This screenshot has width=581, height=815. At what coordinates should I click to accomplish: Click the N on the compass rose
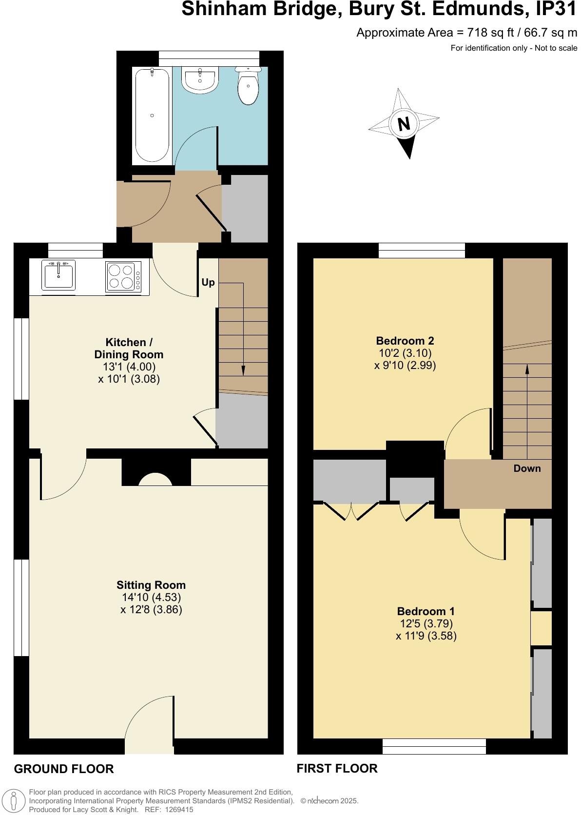(x=404, y=124)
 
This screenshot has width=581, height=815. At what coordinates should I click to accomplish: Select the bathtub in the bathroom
(x=152, y=116)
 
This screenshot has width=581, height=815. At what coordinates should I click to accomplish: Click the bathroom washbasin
(x=200, y=79)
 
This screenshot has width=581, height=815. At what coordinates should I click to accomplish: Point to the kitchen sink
(x=59, y=276)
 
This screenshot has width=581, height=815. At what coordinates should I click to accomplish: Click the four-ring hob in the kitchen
(x=121, y=276)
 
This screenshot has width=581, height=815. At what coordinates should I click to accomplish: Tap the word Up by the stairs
(x=208, y=283)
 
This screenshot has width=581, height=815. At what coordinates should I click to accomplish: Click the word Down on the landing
(x=527, y=468)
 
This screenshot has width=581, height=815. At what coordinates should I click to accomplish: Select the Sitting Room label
(x=151, y=585)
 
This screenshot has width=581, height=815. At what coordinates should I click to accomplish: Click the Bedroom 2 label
(x=405, y=341)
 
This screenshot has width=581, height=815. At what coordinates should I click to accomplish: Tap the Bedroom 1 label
(x=426, y=611)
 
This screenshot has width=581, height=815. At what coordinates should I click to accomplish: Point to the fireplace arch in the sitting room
(x=155, y=480)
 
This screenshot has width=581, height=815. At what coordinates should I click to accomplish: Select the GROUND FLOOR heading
(x=64, y=769)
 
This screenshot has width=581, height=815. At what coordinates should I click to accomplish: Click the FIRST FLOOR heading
(x=337, y=768)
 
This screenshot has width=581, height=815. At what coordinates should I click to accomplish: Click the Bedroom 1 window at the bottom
(x=434, y=746)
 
